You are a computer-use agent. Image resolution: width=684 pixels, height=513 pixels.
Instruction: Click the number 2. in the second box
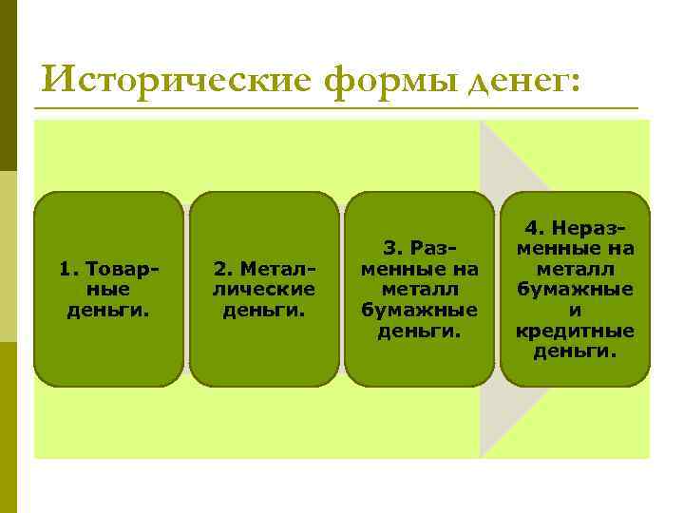(x=221, y=269)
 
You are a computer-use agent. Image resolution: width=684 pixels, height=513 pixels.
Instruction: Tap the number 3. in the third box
(x=390, y=248)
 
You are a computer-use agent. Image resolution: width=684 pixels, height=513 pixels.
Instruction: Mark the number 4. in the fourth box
(x=534, y=228)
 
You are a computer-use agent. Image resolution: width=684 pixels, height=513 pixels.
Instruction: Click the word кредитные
(x=575, y=332)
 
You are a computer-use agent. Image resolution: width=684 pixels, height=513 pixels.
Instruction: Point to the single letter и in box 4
(x=575, y=311)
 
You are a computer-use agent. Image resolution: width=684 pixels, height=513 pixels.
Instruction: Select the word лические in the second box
(x=264, y=290)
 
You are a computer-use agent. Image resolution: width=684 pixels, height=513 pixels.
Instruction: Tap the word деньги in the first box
(x=108, y=311)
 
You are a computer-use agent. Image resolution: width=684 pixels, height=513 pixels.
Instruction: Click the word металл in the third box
(x=419, y=290)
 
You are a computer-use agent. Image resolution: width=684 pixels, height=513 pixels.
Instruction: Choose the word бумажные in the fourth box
(x=575, y=290)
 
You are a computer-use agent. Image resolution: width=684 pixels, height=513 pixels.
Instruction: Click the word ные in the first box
(x=108, y=290)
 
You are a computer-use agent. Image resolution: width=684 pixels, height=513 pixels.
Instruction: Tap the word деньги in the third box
(x=419, y=332)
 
